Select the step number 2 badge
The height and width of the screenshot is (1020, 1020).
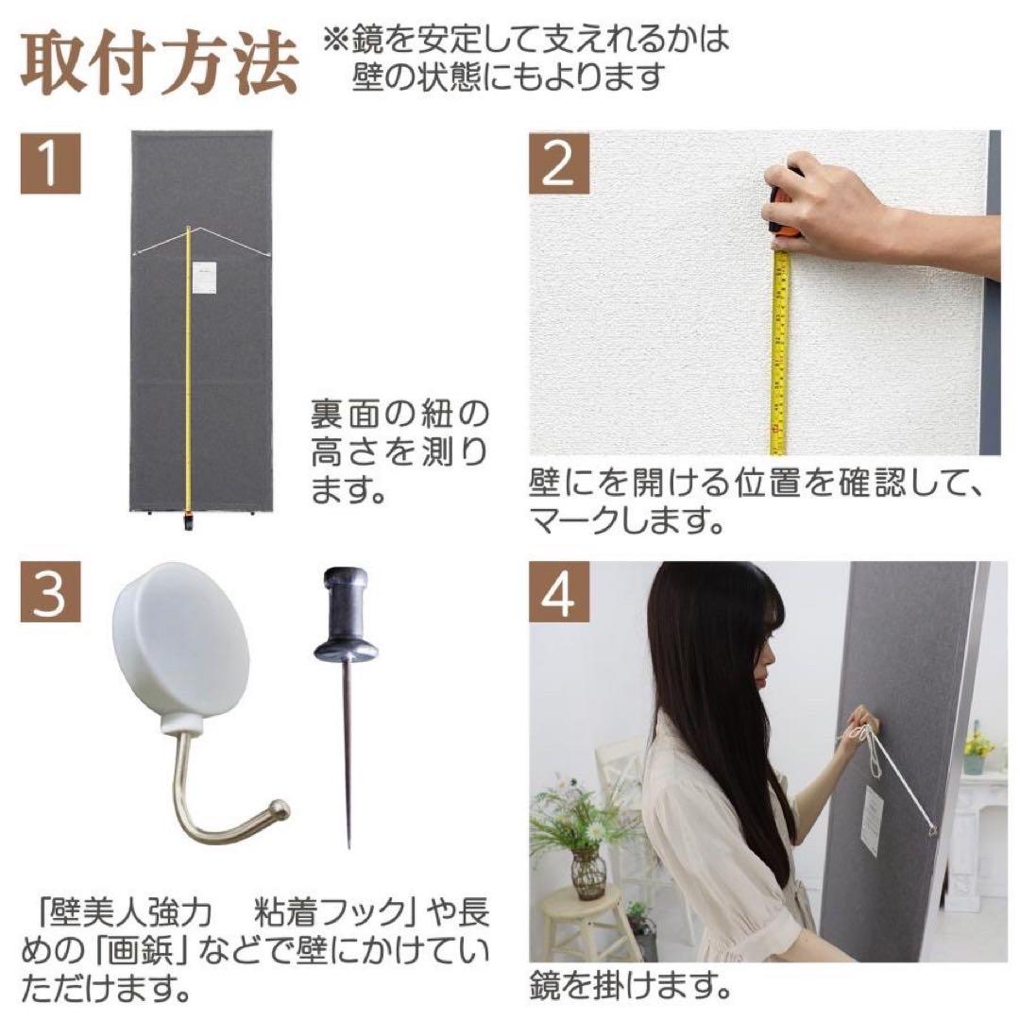point(560,162)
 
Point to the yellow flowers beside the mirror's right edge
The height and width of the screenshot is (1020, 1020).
point(977,743)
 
